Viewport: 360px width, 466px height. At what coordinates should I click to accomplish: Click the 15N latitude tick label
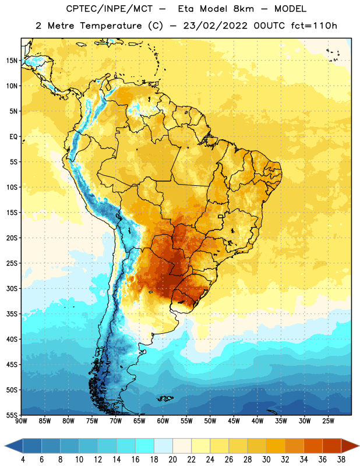coord(12,61)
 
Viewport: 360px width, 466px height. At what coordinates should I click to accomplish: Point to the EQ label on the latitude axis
coord(13,137)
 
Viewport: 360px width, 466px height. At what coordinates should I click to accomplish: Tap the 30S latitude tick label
coord(12,288)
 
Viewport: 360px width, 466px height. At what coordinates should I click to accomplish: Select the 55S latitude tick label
coord(12,415)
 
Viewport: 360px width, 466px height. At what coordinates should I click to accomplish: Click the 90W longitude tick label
coord(21,421)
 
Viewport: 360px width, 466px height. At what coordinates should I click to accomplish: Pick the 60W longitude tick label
coord(163,421)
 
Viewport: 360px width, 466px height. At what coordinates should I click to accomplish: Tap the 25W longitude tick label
coord(328,421)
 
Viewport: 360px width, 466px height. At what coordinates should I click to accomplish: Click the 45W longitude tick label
coord(234,421)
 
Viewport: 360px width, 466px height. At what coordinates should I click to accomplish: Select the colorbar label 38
coord(341,460)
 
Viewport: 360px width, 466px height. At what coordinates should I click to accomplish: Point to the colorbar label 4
coord(23,460)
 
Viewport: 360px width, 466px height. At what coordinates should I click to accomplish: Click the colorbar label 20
coord(172,460)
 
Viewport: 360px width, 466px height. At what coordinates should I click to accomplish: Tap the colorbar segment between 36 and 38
coord(332,446)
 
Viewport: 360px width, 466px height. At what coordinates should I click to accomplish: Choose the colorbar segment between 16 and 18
coord(145,446)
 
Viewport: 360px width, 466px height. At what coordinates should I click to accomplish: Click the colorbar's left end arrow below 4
coord(14,446)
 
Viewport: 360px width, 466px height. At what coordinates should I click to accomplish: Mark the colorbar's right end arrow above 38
coord(350,446)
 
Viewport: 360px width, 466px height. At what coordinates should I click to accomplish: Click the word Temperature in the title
coord(111,26)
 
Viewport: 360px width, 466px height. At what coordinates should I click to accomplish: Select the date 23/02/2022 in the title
coord(215,26)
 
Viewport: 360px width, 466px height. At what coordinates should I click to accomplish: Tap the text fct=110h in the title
coord(314,26)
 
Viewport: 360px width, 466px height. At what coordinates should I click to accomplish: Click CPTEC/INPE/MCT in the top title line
coord(110,9)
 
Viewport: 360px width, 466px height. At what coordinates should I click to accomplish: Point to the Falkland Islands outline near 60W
coord(165,398)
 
